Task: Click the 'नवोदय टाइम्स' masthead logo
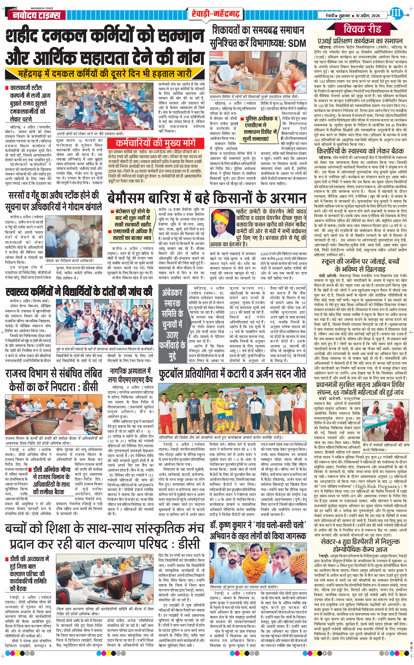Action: coord(37,15)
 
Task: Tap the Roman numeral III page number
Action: coord(395,13)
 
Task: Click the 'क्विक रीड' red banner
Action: coord(362,29)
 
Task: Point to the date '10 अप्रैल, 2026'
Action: coord(368,16)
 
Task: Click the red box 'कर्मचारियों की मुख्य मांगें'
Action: coord(156,143)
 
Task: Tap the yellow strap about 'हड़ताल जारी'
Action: coord(104,74)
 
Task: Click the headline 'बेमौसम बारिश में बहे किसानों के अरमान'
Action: coord(207,198)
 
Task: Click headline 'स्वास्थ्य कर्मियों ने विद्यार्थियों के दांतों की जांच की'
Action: coord(79,291)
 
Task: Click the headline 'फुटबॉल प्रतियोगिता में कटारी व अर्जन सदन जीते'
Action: coord(232,374)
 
